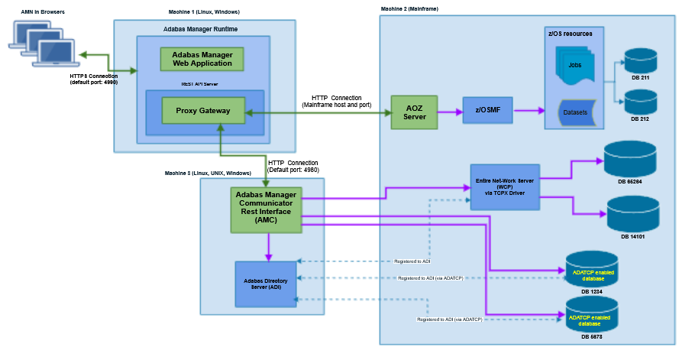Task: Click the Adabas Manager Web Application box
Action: pyautogui.click(x=202, y=59)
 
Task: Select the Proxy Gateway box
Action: pyautogui.click(x=203, y=111)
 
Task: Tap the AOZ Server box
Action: pyautogui.click(x=414, y=112)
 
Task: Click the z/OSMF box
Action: pyautogui.click(x=488, y=111)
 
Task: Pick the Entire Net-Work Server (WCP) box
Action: pyautogui.click(x=505, y=186)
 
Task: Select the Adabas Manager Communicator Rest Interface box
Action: pyautogui.click(x=267, y=209)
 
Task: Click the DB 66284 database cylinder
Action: pyautogui.click(x=630, y=159)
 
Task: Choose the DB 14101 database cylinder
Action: pyautogui.click(x=630, y=214)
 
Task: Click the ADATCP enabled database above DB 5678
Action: pyautogui.click(x=591, y=315)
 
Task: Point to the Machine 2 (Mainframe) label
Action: pyautogui.click(x=409, y=8)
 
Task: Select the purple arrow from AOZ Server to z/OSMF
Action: pyautogui.click(x=450, y=112)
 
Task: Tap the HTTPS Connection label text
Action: pyautogui.click(x=93, y=76)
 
